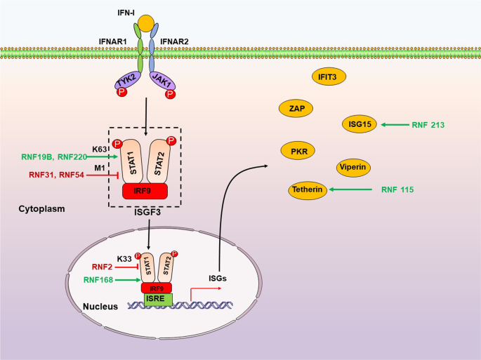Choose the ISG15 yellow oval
tap(358, 124)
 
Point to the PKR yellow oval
tap(298, 151)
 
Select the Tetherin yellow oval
tap(310, 189)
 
